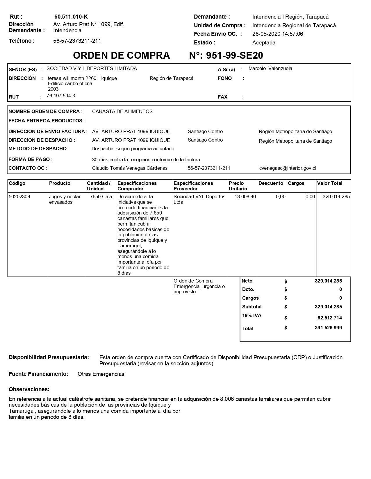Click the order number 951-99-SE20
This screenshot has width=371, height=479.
[x=234, y=55]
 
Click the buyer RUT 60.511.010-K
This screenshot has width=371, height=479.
[x=71, y=17]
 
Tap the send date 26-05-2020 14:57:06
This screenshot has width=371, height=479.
[x=277, y=34]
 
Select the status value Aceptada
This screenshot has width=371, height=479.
[x=264, y=43]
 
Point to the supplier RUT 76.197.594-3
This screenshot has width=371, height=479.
[x=61, y=96]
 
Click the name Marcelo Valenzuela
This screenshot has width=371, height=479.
[x=270, y=69]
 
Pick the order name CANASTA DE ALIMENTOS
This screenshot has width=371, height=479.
[x=122, y=112]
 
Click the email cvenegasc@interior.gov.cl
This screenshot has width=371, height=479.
[x=288, y=168]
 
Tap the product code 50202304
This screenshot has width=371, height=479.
[x=19, y=197]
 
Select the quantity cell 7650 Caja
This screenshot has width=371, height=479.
[x=101, y=197]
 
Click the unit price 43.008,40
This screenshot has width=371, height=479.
[x=245, y=197]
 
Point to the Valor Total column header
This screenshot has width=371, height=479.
[x=329, y=183]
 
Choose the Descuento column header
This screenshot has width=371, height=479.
[x=270, y=183]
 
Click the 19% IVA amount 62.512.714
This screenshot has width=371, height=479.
[x=329, y=318]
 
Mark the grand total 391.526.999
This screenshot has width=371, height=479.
[x=328, y=328]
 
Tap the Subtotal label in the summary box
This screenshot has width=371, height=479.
[x=252, y=307]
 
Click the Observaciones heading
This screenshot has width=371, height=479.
[x=29, y=389]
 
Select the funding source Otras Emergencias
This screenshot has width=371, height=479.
[x=101, y=374]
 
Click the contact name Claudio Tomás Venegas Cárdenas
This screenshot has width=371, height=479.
[x=130, y=168]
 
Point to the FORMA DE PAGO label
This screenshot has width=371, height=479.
[x=31, y=160]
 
